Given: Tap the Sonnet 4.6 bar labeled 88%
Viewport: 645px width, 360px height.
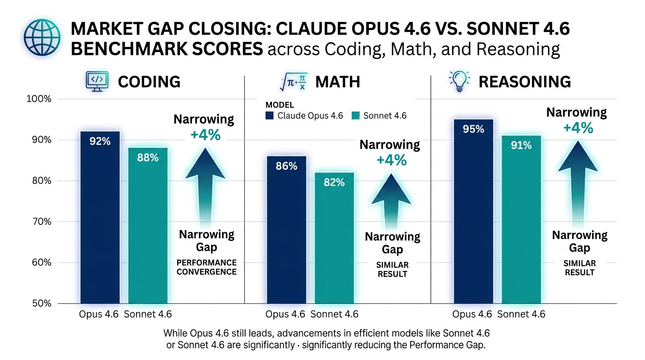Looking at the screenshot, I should click(x=148, y=225).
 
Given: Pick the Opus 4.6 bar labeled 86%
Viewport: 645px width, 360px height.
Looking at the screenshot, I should click(x=286, y=230).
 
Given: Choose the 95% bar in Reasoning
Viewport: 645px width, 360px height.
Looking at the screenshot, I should click(x=473, y=211).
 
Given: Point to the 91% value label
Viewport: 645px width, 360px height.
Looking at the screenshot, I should click(x=521, y=146).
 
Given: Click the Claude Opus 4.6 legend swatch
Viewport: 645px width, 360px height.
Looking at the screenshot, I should click(x=270, y=115).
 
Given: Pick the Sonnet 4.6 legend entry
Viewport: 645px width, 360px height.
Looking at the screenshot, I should click(x=379, y=115).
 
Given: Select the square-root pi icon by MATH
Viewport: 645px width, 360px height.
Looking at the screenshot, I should click(x=293, y=82).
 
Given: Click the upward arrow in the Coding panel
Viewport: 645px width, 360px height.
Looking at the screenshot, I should click(x=205, y=183).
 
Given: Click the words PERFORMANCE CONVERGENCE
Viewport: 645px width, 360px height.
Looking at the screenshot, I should click(x=206, y=267).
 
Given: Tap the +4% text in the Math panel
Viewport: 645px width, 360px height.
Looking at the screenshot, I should click(x=391, y=160).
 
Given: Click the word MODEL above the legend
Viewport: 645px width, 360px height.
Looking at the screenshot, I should click(x=279, y=105).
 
